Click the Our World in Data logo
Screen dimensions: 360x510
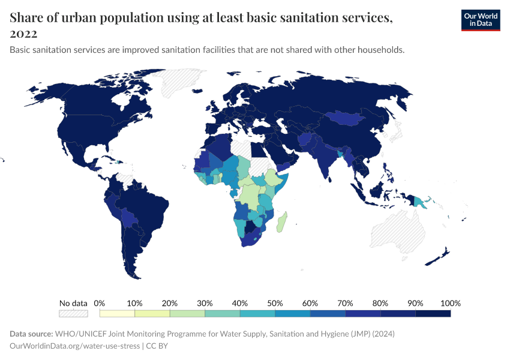tap(480, 20)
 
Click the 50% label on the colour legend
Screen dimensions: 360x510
tap(275, 303)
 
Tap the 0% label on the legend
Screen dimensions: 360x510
tap(100, 303)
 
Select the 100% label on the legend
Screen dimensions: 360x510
tap(450, 303)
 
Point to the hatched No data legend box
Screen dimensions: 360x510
tap(73, 313)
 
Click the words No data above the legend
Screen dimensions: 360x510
tap(73, 303)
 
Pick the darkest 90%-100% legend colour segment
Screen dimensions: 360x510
tap(433, 313)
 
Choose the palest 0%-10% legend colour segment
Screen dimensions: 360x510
tap(117, 313)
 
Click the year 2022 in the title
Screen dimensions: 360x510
tap(23, 34)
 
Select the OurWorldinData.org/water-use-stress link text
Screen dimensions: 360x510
tap(74, 346)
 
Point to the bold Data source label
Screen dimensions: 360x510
tap(31, 334)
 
